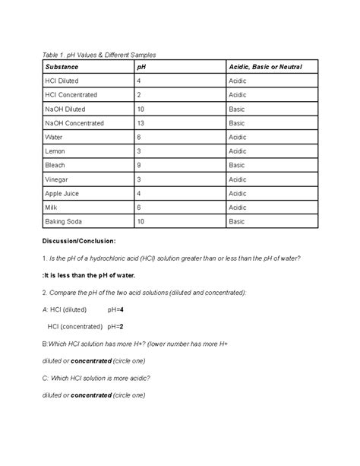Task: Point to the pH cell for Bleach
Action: tap(139, 165)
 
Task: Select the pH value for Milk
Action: tap(139, 207)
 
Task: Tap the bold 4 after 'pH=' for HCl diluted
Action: tap(122, 309)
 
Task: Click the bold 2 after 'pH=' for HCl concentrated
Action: tap(122, 326)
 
